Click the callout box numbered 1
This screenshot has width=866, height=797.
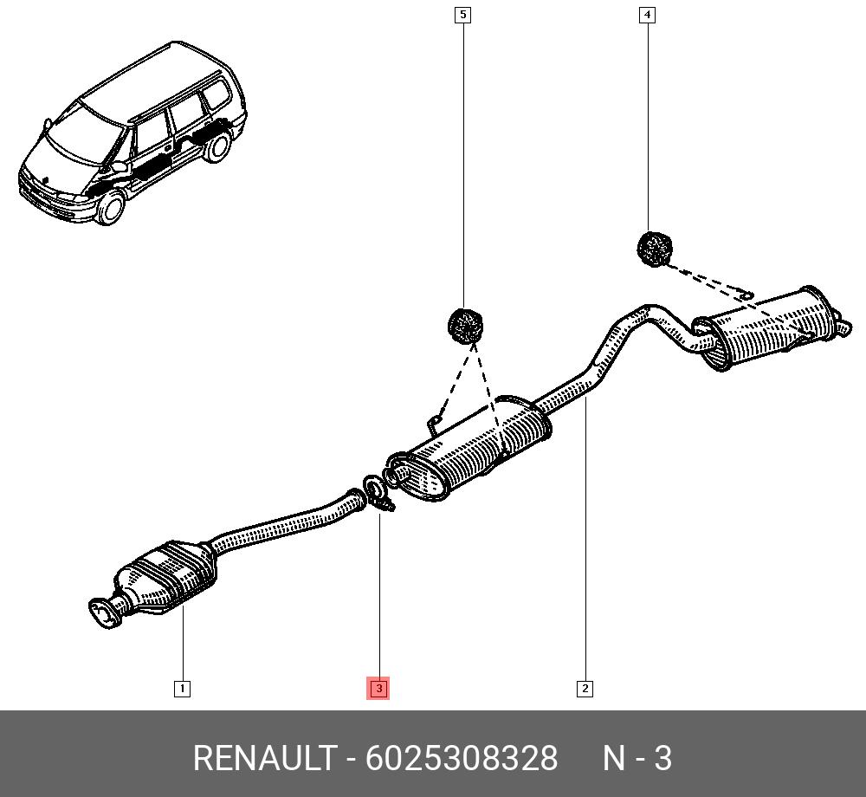[x=182, y=689]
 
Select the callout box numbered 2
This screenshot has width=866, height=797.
[x=585, y=689]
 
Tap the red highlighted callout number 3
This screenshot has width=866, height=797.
[x=378, y=689]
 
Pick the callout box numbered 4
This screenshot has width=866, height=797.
[x=647, y=15]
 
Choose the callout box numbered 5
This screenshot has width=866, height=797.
[x=463, y=15]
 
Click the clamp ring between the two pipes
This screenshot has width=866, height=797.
[x=374, y=490]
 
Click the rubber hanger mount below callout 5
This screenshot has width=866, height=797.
[x=464, y=326]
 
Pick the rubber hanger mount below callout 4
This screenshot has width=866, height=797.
[x=655, y=249]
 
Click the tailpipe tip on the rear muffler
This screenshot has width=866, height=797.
[x=843, y=327]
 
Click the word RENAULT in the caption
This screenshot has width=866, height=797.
[x=263, y=758]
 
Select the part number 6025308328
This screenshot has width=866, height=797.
[x=462, y=758]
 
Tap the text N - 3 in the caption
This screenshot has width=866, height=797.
[x=637, y=758]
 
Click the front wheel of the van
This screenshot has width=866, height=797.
[x=110, y=209]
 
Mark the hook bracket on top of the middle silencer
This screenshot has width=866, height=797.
[x=435, y=422]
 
